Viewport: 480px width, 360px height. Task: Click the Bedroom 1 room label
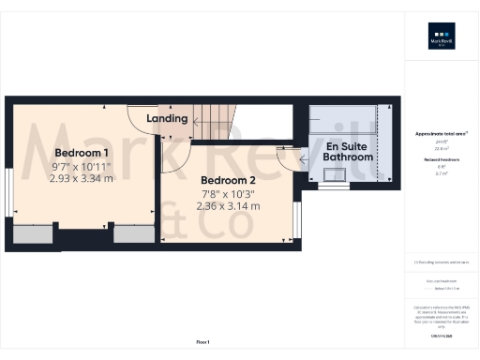81,153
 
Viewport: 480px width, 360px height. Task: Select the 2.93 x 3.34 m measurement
81,177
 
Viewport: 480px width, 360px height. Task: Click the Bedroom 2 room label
228,181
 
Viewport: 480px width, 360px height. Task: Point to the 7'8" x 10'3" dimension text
228,194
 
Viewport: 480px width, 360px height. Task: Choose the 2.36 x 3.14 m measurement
228,206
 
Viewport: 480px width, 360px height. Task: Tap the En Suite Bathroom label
348,152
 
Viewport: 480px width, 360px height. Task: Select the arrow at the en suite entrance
306,158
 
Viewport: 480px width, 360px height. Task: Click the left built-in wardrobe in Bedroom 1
33,234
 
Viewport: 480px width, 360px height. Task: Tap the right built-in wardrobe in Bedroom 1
134,234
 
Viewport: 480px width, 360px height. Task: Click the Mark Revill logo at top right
441,38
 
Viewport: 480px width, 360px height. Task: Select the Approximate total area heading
441,134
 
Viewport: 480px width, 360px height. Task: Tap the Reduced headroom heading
441,160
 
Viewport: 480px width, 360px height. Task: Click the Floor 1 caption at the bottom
203,341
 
